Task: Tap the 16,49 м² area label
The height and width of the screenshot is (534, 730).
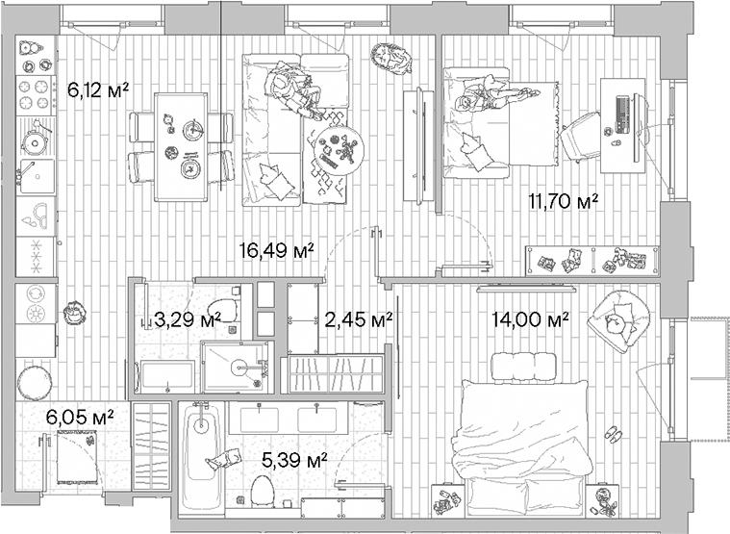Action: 277,251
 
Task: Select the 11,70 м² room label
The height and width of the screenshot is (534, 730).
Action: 564,201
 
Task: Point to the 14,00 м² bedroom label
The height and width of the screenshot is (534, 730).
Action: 531,319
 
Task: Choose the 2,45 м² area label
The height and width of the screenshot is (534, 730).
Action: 358,318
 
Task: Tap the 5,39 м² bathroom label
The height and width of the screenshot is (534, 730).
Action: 294,458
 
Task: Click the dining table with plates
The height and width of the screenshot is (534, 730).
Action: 181,146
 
